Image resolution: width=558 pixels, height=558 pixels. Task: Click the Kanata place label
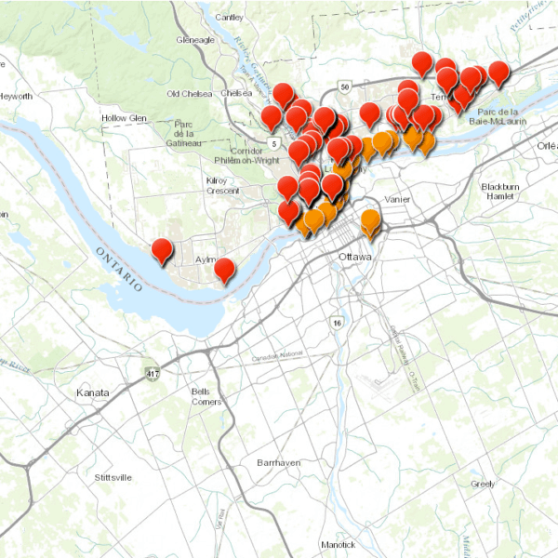[92, 393]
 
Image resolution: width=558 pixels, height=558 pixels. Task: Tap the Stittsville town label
[108, 477]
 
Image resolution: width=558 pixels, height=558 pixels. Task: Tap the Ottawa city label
[355, 256]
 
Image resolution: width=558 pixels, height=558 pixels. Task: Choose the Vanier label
[397, 199]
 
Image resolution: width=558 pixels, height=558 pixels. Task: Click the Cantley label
[229, 17]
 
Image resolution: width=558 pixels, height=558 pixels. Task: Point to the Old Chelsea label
[190, 93]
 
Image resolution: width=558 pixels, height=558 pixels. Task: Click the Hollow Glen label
[125, 118]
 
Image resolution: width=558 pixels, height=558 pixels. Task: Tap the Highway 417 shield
[152, 373]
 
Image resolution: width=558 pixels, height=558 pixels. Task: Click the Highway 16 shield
[336, 322]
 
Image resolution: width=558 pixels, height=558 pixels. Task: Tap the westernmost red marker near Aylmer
[162, 250]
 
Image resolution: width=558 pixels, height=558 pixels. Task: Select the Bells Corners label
[206, 396]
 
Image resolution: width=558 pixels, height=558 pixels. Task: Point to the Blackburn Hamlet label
[499, 192]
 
